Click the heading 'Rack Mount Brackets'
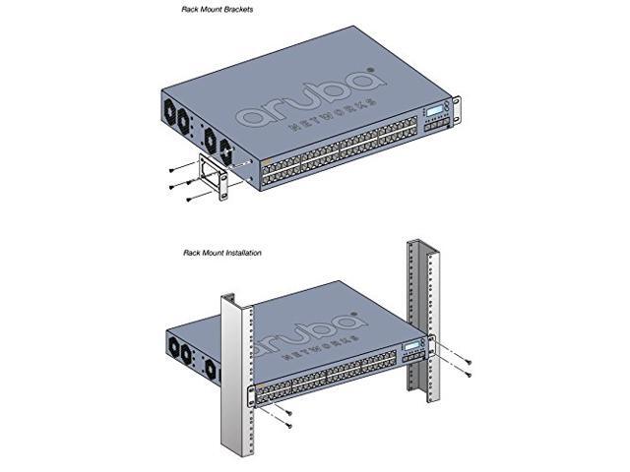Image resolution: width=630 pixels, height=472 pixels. (218, 9)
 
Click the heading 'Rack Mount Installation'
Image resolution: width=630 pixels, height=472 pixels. (221, 253)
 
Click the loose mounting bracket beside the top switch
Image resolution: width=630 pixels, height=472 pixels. (213, 175)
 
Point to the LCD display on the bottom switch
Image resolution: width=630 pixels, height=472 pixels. (410, 350)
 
